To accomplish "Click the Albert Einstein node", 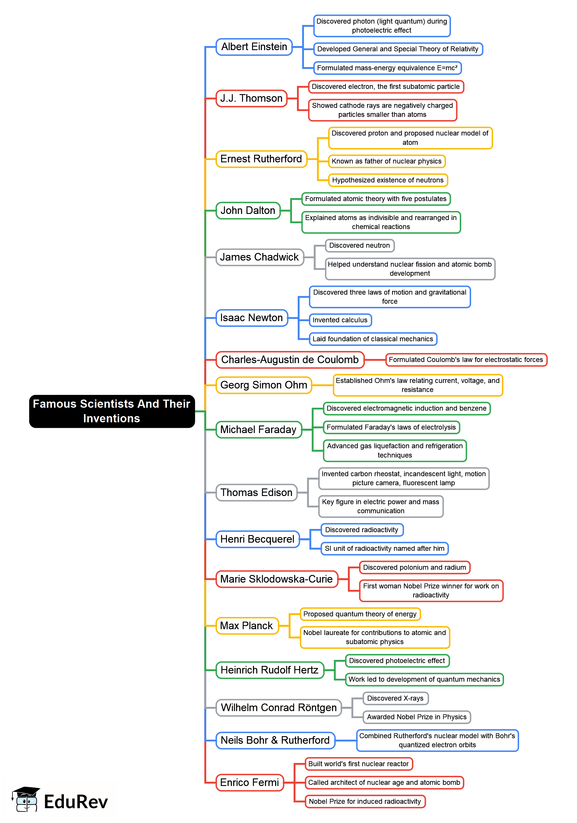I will pos(254,47).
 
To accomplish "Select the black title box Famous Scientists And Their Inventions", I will pos(112,411).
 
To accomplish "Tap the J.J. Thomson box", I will pos(251,98).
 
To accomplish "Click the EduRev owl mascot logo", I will pos(25,800).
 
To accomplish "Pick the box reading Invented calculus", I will pos(340,320).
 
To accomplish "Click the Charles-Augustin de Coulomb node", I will pos(290,360).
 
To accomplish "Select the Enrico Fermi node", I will pos(249,782).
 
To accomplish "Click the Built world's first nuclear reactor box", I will pos(359,764).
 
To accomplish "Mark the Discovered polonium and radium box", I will pos(415,567).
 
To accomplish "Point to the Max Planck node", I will pos(246,626).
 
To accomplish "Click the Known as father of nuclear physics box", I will pos(387,161).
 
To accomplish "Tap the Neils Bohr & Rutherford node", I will pos(275,740).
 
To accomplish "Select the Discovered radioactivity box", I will pos(361,530).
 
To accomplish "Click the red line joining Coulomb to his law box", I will pos(375,360).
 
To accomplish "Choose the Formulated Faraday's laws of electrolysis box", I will pos(391,427).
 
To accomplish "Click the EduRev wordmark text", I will pos(76,802).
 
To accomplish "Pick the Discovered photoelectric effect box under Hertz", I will pos(397,661).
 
